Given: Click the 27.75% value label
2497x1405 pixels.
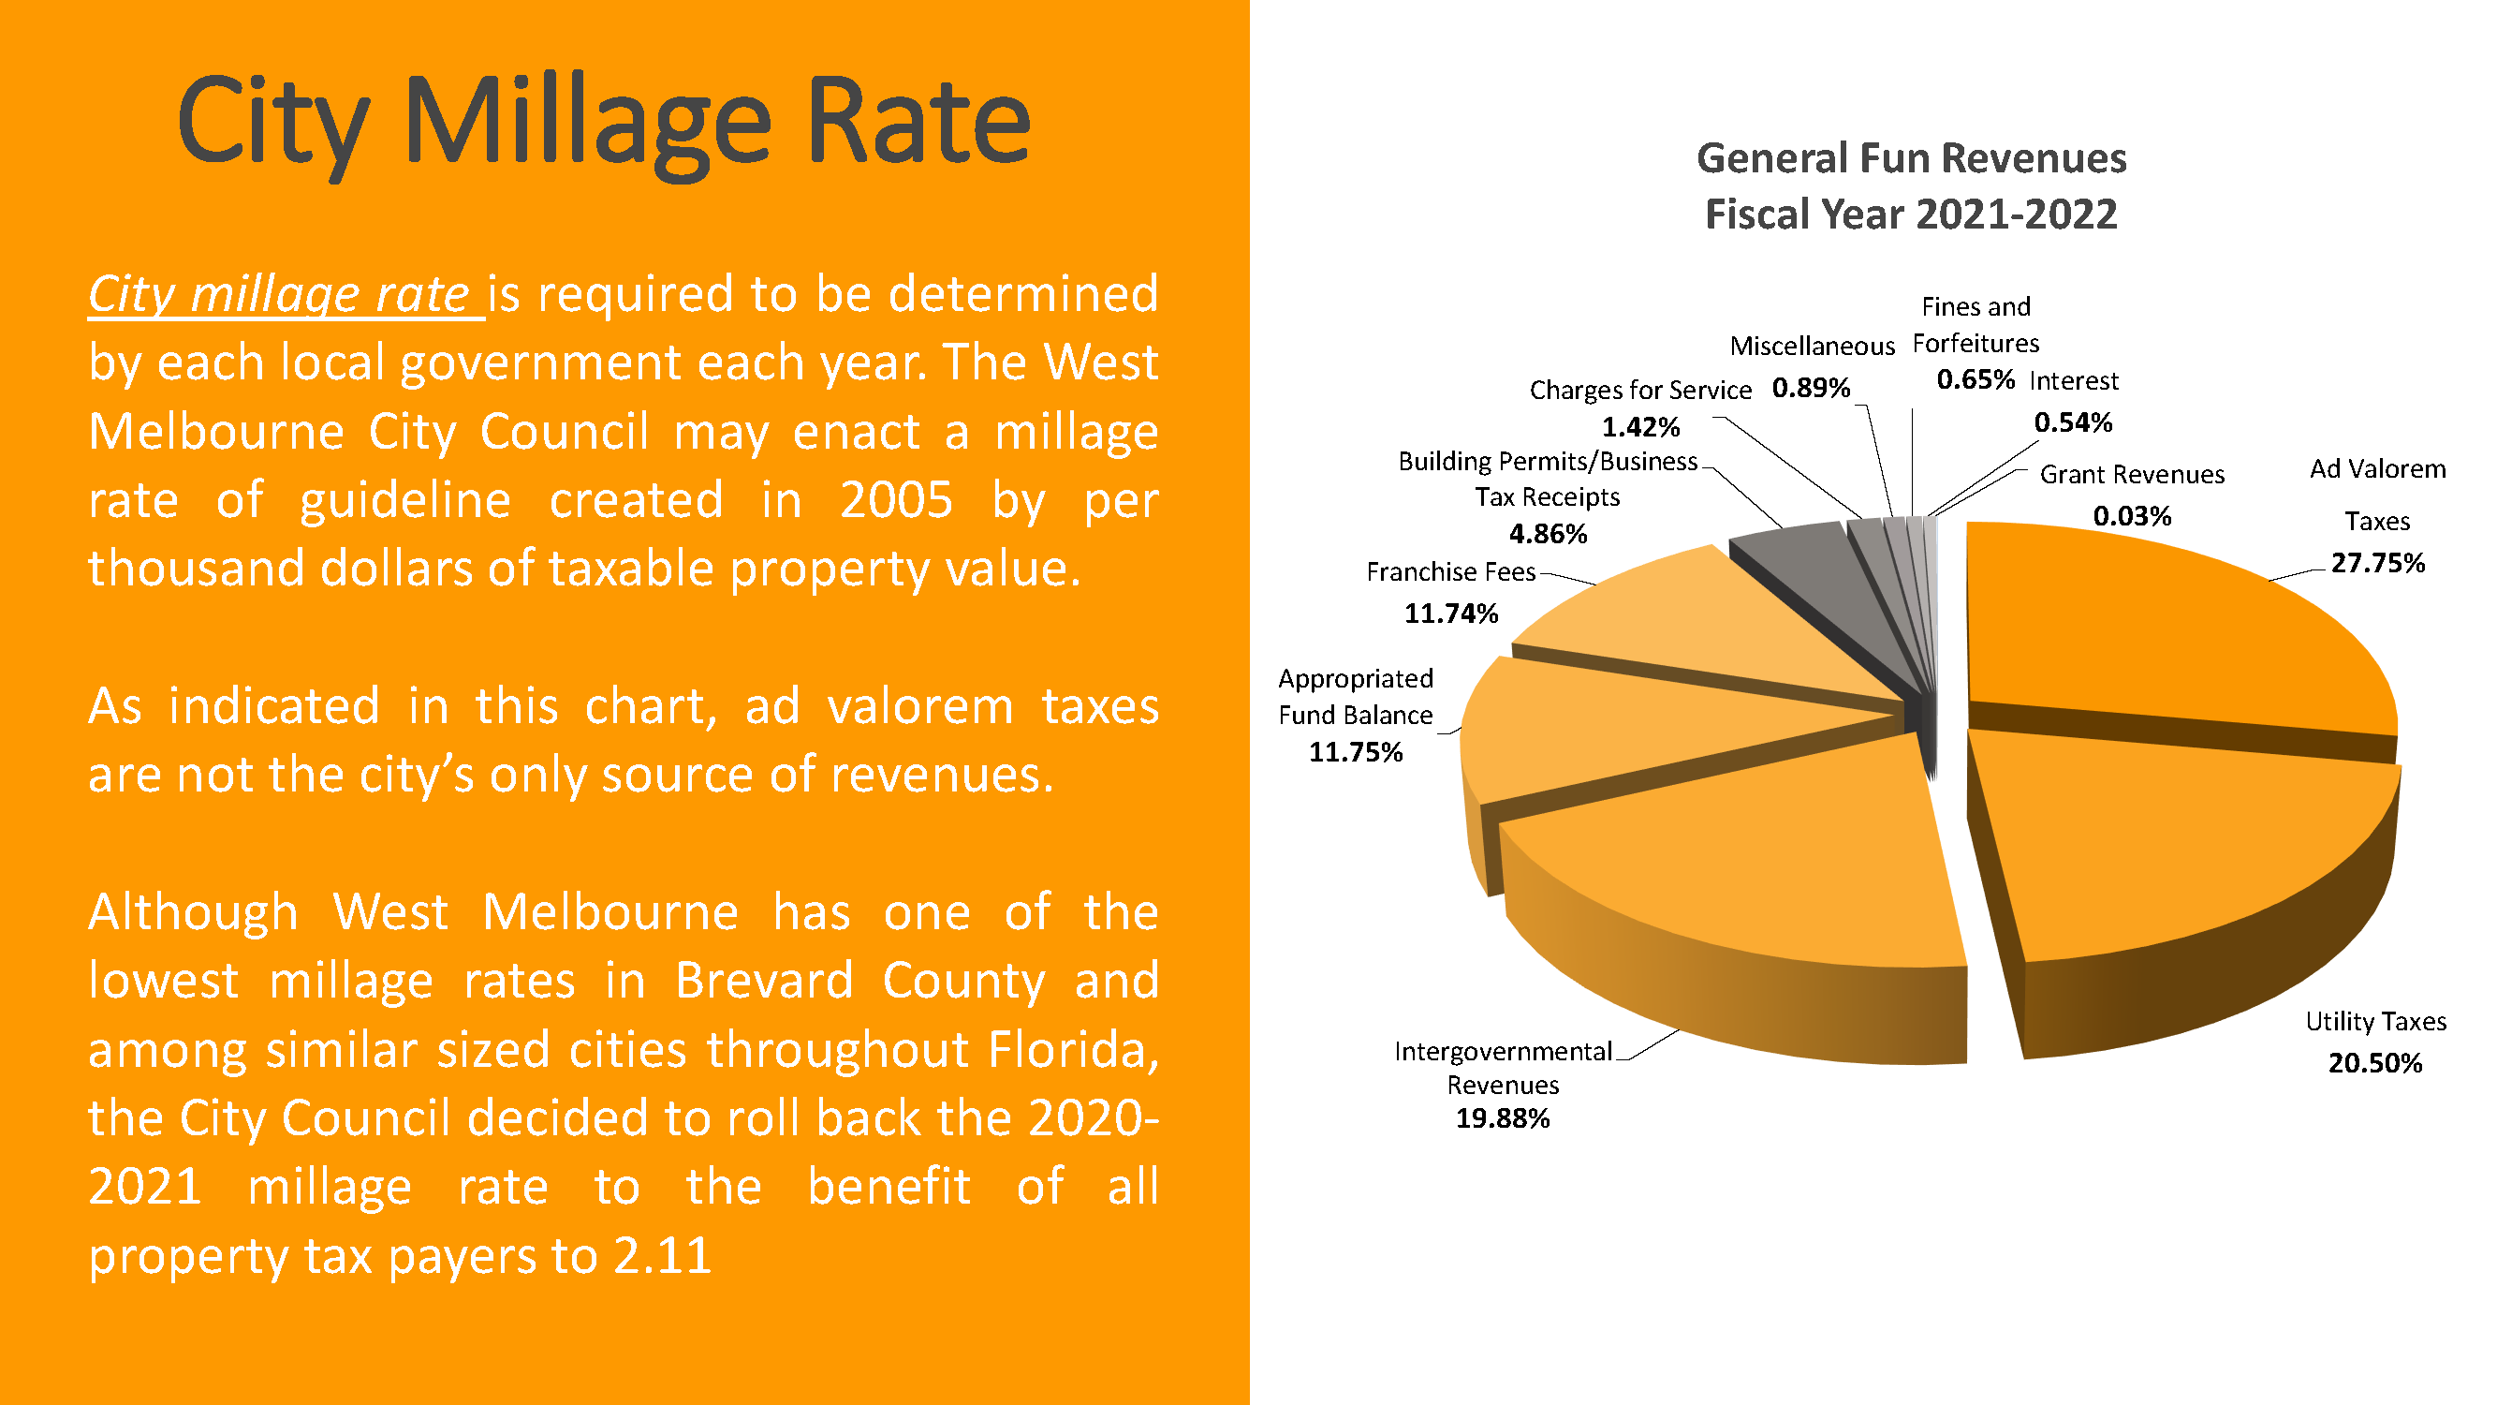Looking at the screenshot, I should pos(2377,563).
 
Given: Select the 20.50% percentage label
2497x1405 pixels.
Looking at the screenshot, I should pos(2375,1064).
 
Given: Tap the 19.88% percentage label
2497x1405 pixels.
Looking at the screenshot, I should pos(1503,1119).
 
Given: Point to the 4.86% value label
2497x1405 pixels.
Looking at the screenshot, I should pos(1548,534).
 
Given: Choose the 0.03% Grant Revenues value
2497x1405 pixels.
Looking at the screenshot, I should pos(2132,516).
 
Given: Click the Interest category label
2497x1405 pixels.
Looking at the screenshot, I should pos(2074,381).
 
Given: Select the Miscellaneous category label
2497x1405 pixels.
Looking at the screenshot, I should pos(1812,347).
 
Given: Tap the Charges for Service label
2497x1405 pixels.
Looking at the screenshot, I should pos(1640,390).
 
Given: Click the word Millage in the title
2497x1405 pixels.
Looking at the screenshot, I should pos(586,125).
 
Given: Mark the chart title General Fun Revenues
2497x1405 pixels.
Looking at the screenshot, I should pos(1911,158).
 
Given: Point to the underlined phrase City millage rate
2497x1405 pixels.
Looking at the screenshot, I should pos(280,294).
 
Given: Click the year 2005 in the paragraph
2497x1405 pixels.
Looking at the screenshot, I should pos(896,500).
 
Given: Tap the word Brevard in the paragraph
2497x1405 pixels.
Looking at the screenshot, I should pos(764,981).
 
